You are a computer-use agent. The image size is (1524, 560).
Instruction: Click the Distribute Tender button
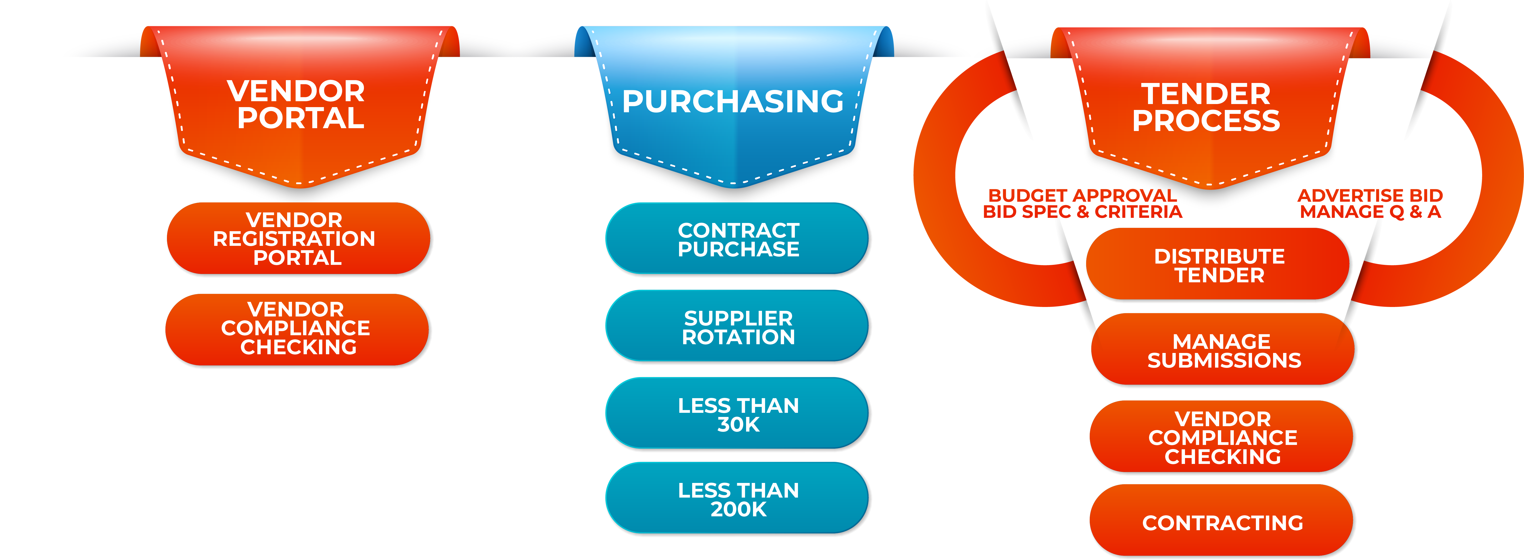click(1219, 265)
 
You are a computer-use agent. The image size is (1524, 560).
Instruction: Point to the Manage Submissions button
click(1224, 350)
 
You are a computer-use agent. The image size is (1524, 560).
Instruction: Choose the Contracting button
click(1222, 522)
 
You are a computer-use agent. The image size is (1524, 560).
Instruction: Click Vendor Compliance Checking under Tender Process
click(1222, 437)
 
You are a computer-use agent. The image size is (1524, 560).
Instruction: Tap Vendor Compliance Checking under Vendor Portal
click(297, 329)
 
